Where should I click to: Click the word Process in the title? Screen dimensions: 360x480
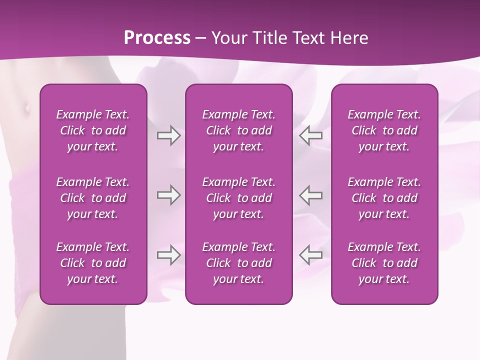click(157, 38)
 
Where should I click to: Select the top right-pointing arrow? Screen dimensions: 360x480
click(168, 135)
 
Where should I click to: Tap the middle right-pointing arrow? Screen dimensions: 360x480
click(168, 195)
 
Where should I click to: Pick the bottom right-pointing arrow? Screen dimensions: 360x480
click(168, 255)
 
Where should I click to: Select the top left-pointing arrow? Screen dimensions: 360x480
click(311, 135)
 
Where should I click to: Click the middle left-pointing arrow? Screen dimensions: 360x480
click(311, 195)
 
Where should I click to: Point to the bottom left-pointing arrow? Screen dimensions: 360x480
click(311, 255)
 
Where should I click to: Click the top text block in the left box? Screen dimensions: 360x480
click(93, 130)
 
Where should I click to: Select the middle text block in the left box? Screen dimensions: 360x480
click(93, 198)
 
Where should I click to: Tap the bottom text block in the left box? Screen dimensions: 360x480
click(93, 263)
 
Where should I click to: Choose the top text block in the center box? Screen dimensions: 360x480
click(238, 130)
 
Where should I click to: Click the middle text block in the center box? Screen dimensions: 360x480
click(238, 198)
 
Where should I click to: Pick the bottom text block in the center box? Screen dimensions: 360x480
click(238, 263)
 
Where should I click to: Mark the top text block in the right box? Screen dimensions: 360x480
click(384, 130)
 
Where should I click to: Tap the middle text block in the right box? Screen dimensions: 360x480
click(384, 198)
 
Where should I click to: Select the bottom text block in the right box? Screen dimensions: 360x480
click(384, 263)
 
